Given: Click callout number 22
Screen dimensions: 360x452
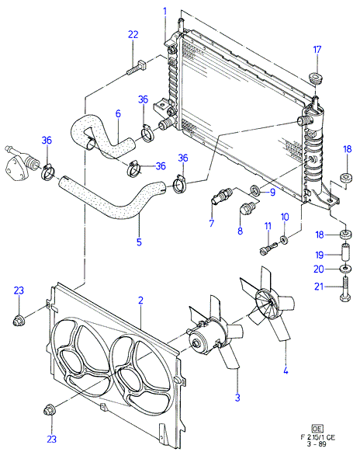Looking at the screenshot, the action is pos(133,35).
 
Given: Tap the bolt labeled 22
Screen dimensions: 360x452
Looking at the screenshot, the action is pos(137,68).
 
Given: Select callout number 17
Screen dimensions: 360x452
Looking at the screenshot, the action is pos(317,50).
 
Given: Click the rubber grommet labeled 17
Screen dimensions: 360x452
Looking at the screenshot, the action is pos(315,79).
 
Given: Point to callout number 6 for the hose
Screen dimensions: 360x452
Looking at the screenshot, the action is pos(118,113).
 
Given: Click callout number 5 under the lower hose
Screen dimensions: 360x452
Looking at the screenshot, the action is pos(139,242).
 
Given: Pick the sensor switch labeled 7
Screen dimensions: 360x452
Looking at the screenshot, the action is pos(222,196).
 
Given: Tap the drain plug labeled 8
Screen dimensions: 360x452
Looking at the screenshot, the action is pos(247,210).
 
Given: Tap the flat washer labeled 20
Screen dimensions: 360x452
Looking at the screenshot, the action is pos(345,269).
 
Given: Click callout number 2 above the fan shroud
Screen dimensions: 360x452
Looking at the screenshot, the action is pos(140,301).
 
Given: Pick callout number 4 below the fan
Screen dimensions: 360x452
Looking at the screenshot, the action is pos(286,370).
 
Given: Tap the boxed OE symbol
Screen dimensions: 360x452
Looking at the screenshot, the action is pos(318,429).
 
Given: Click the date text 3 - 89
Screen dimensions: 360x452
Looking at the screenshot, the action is pos(317,444).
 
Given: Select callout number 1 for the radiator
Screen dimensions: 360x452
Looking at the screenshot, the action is pos(165,12).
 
